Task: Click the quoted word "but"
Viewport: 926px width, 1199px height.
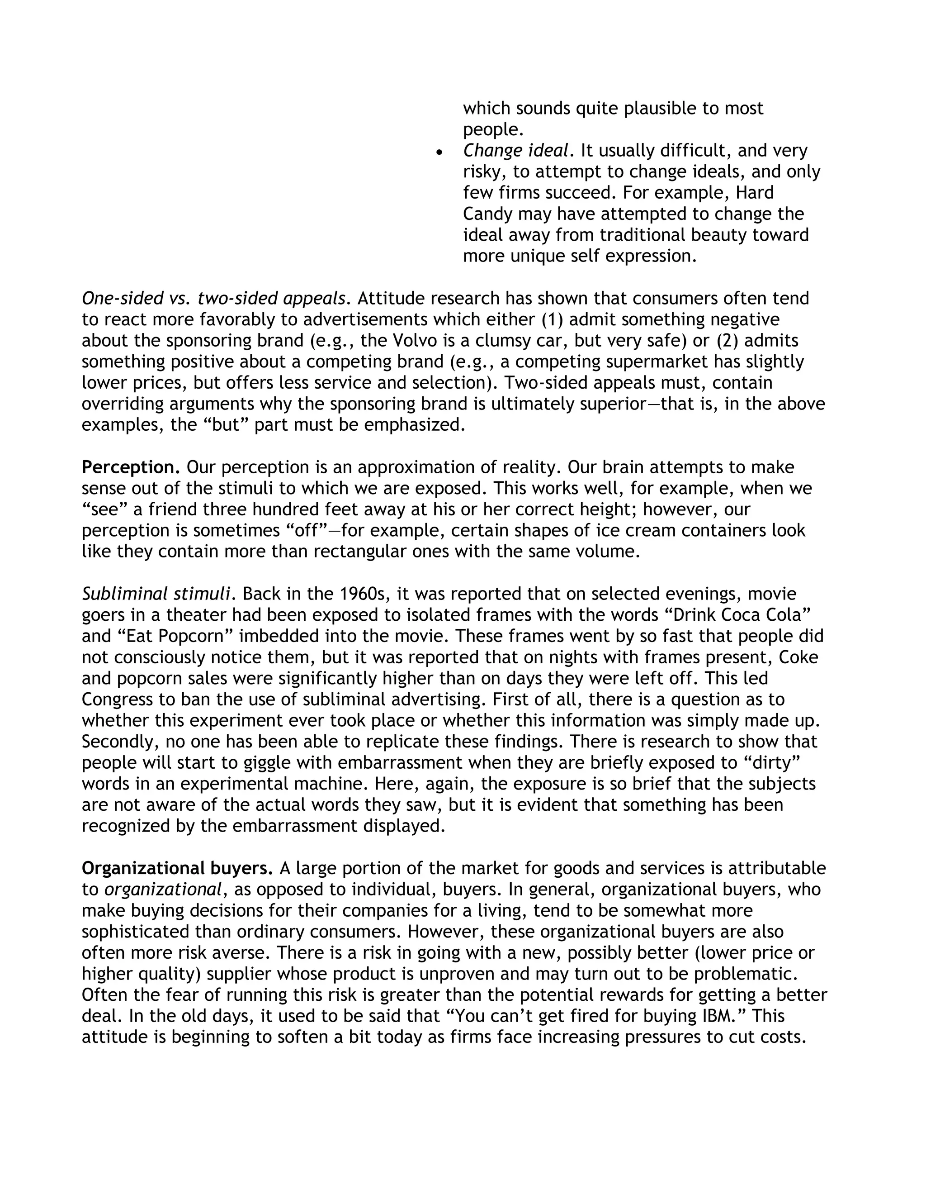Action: coord(222,425)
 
